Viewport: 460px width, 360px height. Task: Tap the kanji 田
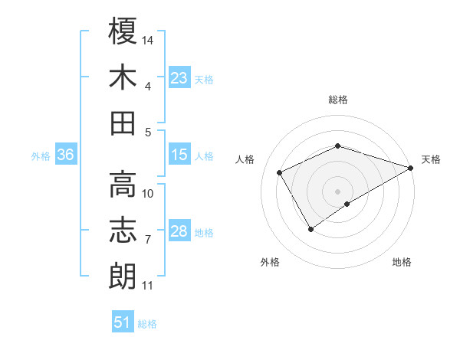pyautogui.click(x=123, y=123)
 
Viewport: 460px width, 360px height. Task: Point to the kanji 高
pyautogui.click(x=123, y=184)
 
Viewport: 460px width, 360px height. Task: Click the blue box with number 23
pyautogui.click(x=179, y=78)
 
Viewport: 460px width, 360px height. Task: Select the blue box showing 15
pyautogui.click(x=179, y=155)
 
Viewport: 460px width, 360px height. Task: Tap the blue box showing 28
pyautogui.click(x=179, y=231)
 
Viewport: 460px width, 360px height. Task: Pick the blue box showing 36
pyautogui.click(x=65, y=155)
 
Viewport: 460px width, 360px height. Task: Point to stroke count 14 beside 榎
pyautogui.click(x=148, y=39)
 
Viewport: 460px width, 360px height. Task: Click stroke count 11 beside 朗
pyautogui.click(x=147, y=286)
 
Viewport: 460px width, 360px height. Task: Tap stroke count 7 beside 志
pyautogui.click(x=148, y=240)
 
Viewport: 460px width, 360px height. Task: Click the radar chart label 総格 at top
pyautogui.click(x=338, y=100)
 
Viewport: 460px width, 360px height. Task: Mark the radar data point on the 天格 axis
pyautogui.click(x=412, y=168)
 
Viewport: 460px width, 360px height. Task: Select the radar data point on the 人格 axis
pyautogui.click(x=280, y=172)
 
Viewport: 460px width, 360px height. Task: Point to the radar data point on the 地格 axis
pyautogui.click(x=347, y=204)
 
